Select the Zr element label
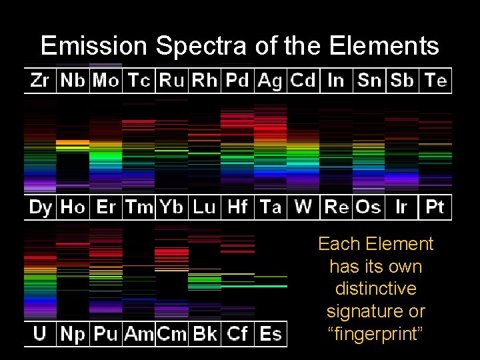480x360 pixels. tap(40, 81)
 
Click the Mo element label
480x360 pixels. tap(106, 81)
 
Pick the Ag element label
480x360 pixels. tap(270, 81)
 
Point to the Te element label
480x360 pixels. tap(435, 81)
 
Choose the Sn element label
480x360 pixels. tap(369, 81)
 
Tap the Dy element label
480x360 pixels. tap(41, 207)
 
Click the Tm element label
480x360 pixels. tap(139, 207)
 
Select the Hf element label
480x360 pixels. tap(237, 207)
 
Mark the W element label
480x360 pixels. tap(303, 207)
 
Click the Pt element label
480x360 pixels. tap(435, 207)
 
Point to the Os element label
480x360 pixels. tap(368, 207)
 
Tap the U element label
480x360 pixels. tap(40, 334)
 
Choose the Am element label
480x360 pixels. tap(139, 334)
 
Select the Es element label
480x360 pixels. tap(271, 334)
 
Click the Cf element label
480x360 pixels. tap(237, 334)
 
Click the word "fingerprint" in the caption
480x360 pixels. tap(375, 333)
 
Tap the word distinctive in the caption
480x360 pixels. tap(375, 289)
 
